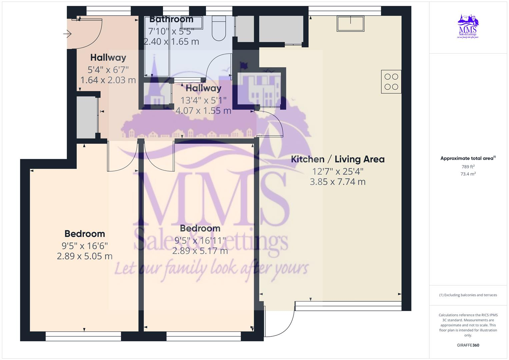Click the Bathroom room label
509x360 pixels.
pos(171,19)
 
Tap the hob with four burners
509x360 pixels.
pos(391,82)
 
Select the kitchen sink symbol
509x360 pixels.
pos(350,24)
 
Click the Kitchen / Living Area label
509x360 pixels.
pos(338,159)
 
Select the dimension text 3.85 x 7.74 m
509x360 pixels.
pos(338,182)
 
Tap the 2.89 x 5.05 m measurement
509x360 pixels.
pos(85,256)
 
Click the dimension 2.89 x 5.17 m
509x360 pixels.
pos(200,251)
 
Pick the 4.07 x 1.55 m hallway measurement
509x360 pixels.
pos(203,110)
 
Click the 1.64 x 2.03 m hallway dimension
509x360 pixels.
pos(108,80)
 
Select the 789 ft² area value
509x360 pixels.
pos(468,167)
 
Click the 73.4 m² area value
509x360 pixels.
pos(468,174)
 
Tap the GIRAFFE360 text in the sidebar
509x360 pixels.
pos(468,345)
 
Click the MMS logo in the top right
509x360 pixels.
pos(468,26)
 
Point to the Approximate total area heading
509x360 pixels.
pos(468,158)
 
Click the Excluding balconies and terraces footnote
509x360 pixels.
pos(468,295)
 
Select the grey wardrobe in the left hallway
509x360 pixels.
pos(86,118)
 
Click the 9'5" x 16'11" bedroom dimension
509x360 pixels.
pos(200,240)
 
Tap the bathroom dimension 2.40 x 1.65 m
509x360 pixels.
pos(171,42)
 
